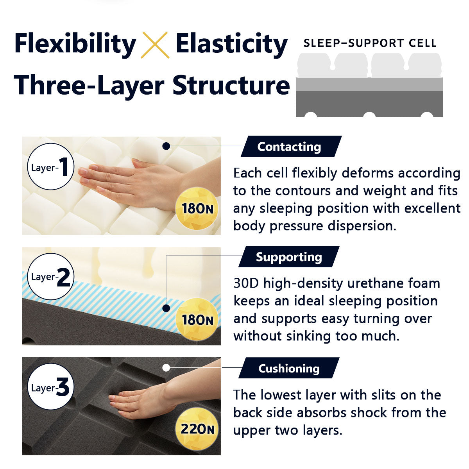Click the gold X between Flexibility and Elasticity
click(x=155, y=45)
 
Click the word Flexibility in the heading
click(x=75, y=44)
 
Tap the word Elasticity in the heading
click(x=231, y=44)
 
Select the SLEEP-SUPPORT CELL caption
click(x=369, y=43)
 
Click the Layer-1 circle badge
click(x=51, y=166)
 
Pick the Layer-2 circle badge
click(x=51, y=276)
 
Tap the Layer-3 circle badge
click(x=51, y=387)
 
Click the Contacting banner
click(x=291, y=146)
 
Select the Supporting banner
click(x=289, y=257)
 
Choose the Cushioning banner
click(x=289, y=368)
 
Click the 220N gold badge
click(x=197, y=429)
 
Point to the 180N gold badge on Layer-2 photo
click(x=197, y=319)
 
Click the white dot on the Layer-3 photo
click(x=166, y=368)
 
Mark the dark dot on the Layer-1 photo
click(x=166, y=146)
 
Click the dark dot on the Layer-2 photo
click(x=166, y=308)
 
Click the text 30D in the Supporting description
click(x=246, y=283)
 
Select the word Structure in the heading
click(x=231, y=86)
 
